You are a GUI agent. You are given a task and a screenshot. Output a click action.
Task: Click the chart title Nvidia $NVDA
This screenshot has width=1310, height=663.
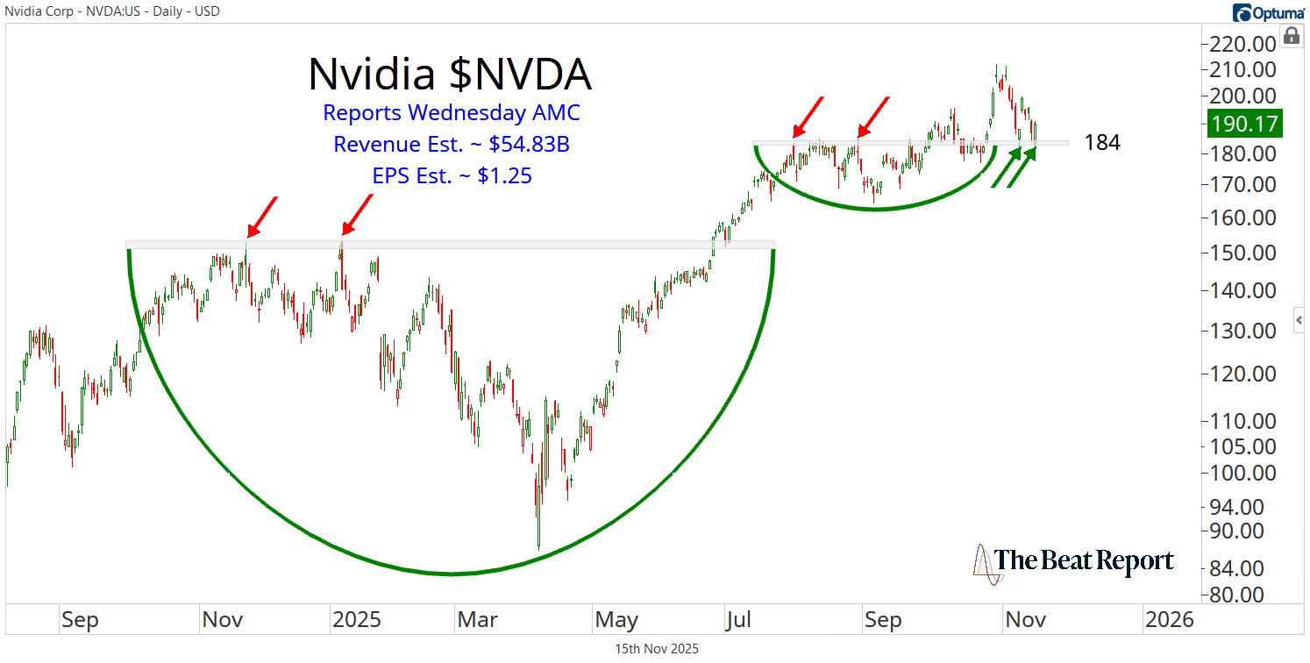click(450, 75)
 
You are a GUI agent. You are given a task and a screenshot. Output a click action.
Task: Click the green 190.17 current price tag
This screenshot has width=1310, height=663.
click(1245, 124)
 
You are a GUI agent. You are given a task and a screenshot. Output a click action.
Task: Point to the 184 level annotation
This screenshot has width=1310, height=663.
click(1102, 143)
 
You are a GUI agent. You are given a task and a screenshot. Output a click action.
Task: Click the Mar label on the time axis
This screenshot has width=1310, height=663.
click(479, 620)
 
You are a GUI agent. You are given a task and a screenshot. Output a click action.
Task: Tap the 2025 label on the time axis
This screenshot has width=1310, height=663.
click(356, 620)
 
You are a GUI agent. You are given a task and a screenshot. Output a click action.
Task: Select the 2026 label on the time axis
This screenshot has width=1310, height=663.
click(1170, 620)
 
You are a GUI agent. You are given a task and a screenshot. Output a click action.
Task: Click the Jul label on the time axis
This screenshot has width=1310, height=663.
click(739, 620)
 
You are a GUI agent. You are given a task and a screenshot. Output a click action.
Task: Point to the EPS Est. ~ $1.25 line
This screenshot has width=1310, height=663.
click(452, 176)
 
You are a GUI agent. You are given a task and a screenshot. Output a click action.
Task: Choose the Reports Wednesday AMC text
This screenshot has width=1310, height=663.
click(452, 113)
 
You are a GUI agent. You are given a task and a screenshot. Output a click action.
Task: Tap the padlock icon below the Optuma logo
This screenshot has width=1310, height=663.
click(1291, 36)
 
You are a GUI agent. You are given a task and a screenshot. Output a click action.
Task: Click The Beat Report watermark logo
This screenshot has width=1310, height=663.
click(1073, 561)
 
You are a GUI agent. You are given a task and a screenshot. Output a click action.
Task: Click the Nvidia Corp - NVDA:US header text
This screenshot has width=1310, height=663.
click(111, 11)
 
